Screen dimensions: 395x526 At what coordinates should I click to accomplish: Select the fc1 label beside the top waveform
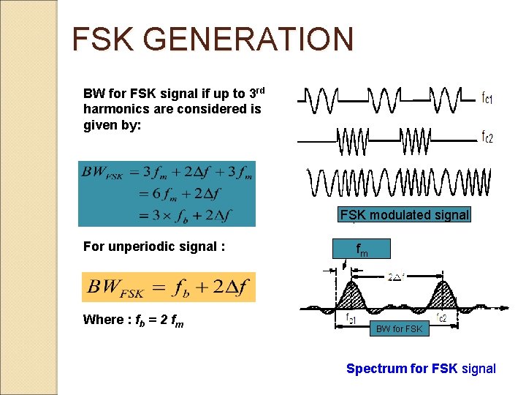tap(487, 97)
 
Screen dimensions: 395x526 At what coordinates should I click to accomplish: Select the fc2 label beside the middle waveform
tap(487, 138)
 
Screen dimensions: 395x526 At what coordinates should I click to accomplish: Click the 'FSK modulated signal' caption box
tap(404, 215)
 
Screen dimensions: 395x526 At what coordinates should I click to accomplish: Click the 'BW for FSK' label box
tap(399, 329)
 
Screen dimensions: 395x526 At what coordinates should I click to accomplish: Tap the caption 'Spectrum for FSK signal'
tap(421, 369)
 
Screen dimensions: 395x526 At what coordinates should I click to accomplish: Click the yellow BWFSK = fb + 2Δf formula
tap(169, 287)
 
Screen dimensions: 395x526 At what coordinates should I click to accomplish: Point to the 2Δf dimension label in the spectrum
tap(397, 276)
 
